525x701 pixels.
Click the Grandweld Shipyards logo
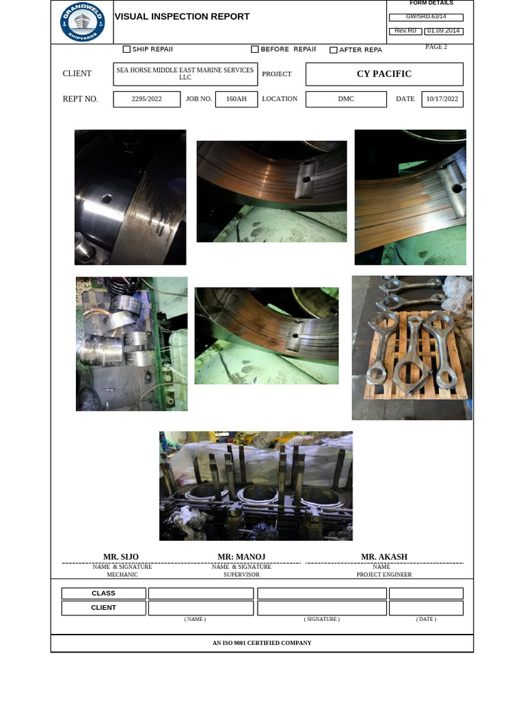tap(82, 22)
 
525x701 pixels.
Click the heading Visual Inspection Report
tap(182, 16)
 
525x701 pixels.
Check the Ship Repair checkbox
tap(126, 49)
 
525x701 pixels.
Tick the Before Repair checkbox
tap(255, 49)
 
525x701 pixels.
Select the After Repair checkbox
tap(334, 50)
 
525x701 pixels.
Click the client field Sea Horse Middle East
tap(185, 74)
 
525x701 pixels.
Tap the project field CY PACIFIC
tap(384, 74)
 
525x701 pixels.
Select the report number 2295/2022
tap(147, 99)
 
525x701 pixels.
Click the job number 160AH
tap(237, 99)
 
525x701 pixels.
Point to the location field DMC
tap(346, 99)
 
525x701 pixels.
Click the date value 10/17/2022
tap(442, 99)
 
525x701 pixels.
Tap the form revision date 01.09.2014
tap(444, 31)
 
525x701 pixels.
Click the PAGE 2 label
tap(436, 47)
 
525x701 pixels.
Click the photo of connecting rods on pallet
tap(412, 348)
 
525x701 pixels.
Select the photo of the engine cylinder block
tap(256, 486)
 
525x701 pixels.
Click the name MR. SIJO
tap(121, 557)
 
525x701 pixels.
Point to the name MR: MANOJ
tap(241, 557)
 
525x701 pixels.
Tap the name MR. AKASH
tap(384, 557)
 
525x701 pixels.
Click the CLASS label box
tap(104, 594)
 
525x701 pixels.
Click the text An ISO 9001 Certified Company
tap(262, 643)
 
